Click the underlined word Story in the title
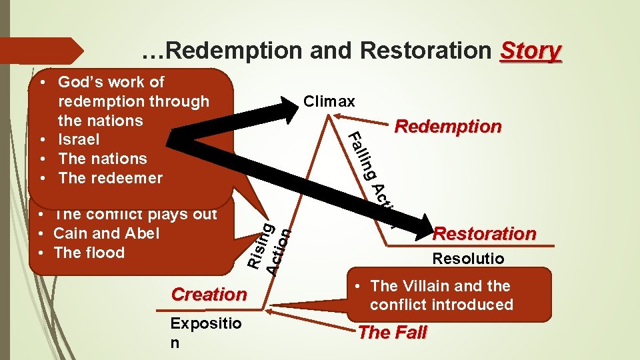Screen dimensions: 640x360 531,51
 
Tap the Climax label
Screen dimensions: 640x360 329,102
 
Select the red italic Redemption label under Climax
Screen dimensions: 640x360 448,127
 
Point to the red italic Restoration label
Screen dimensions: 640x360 485,234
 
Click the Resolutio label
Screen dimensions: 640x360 468,258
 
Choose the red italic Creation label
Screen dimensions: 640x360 209,294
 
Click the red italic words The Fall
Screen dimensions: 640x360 393,333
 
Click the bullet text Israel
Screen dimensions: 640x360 79,140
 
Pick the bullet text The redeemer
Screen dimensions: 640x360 110,178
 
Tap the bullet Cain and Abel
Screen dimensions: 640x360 106,233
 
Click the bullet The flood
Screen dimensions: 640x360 89,253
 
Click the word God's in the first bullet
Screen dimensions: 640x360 79,82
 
